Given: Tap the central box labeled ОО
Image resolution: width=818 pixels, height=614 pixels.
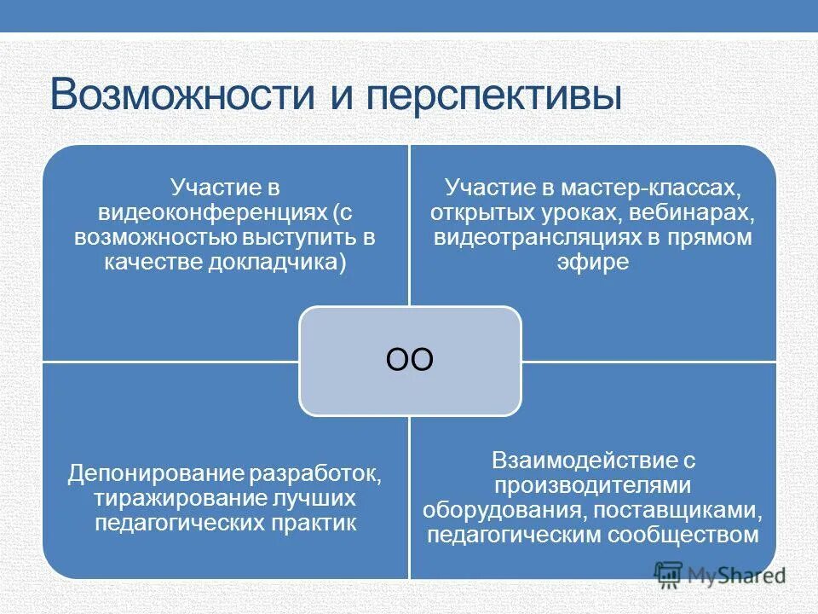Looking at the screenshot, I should point(410,360).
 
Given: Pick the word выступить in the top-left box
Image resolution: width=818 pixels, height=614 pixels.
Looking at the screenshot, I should point(300,237).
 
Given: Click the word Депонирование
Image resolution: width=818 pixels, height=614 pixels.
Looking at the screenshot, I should point(153,473).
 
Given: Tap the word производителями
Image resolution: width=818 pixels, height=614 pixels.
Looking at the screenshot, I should point(592,485).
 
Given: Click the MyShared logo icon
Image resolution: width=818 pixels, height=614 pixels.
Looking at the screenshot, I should point(670,574).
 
